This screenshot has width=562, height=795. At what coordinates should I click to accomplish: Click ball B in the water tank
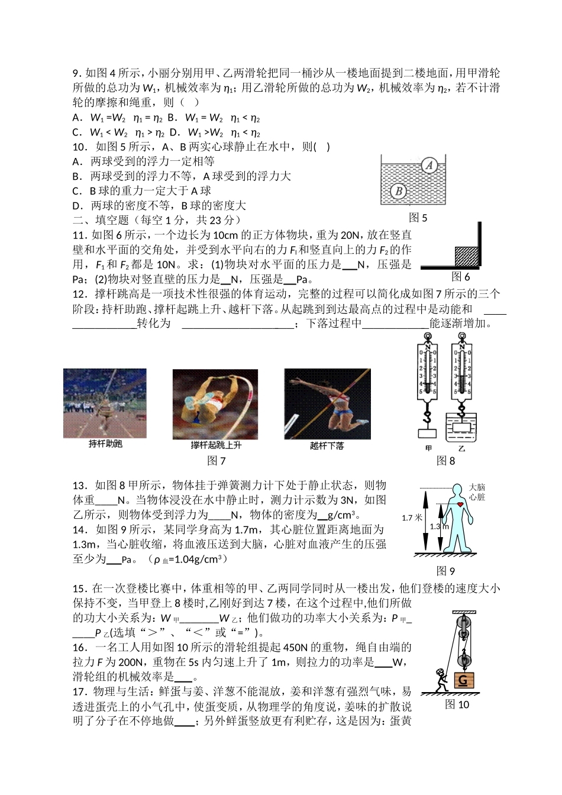[x=399, y=191]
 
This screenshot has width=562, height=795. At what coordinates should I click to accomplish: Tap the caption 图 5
[x=418, y=218]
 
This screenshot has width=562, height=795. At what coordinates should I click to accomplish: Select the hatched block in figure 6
[x=466, y=256]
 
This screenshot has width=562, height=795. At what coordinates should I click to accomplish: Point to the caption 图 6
[x=460, y=277]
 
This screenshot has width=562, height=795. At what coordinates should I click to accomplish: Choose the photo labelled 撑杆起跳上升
[x=215, y=405]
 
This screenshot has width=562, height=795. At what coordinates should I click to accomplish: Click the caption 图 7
[x=217, y=461]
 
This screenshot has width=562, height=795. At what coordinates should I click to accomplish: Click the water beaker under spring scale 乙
[x=462, y=425]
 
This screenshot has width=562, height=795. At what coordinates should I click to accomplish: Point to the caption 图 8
[x=445, y=461]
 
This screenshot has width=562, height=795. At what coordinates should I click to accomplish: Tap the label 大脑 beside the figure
[x=477, y=487]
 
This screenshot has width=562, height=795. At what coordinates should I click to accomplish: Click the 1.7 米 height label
[x=412, y=518]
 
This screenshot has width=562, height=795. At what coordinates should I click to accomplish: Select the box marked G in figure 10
[x=463, y=681]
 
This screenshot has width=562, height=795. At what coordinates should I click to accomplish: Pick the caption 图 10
[x=457, y=704]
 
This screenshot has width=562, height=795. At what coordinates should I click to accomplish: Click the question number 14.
[x=80, y=529]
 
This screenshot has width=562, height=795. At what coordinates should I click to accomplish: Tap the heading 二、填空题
[x=101, y=220]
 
